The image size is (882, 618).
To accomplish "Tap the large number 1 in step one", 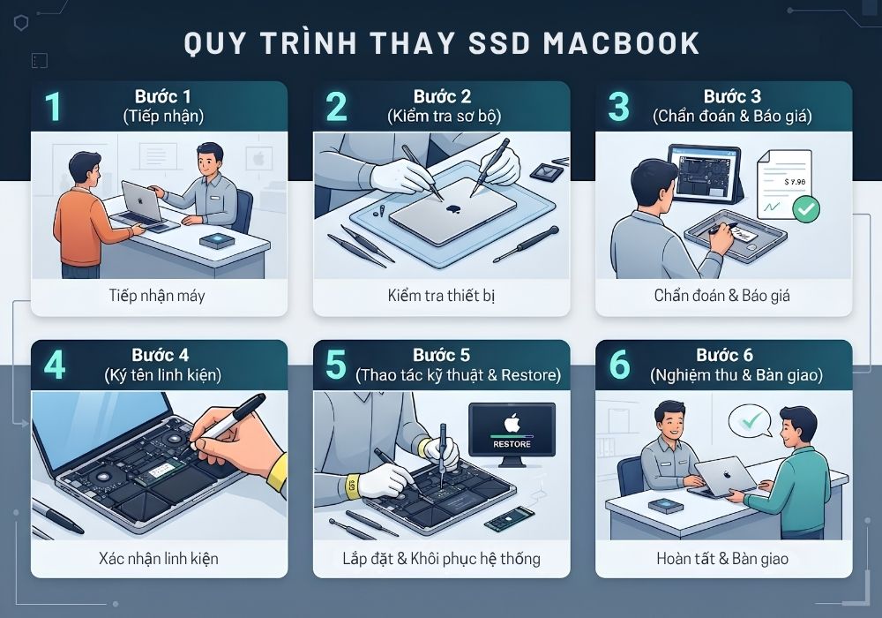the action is pos(54,106).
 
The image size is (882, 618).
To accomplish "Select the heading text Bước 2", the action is pos(442,96).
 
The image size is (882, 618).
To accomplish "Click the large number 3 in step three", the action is pos(619,106).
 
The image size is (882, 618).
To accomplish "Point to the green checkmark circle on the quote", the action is pos(806,209).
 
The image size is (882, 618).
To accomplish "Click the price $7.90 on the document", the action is pos(795,182).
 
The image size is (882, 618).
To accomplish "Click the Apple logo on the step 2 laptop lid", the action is pos(452,209).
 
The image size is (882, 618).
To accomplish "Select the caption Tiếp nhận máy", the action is pos(157,296).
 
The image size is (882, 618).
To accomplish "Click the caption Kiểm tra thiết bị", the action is pos(442,296).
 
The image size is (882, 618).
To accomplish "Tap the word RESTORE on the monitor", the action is pos(512,444).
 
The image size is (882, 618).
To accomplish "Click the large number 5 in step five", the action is pos(336,366).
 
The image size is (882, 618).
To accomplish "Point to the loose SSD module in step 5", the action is pos(509,519).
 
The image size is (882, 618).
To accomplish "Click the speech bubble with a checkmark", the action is pos(751,420).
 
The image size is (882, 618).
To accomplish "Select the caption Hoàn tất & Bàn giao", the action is pos(722,558).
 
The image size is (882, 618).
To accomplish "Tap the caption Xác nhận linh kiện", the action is pos(159,558).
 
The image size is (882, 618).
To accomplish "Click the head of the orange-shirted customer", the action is pos(85,170).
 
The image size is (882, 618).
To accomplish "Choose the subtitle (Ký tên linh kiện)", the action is pos(162,375).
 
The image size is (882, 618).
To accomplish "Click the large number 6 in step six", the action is pos(619,366).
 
